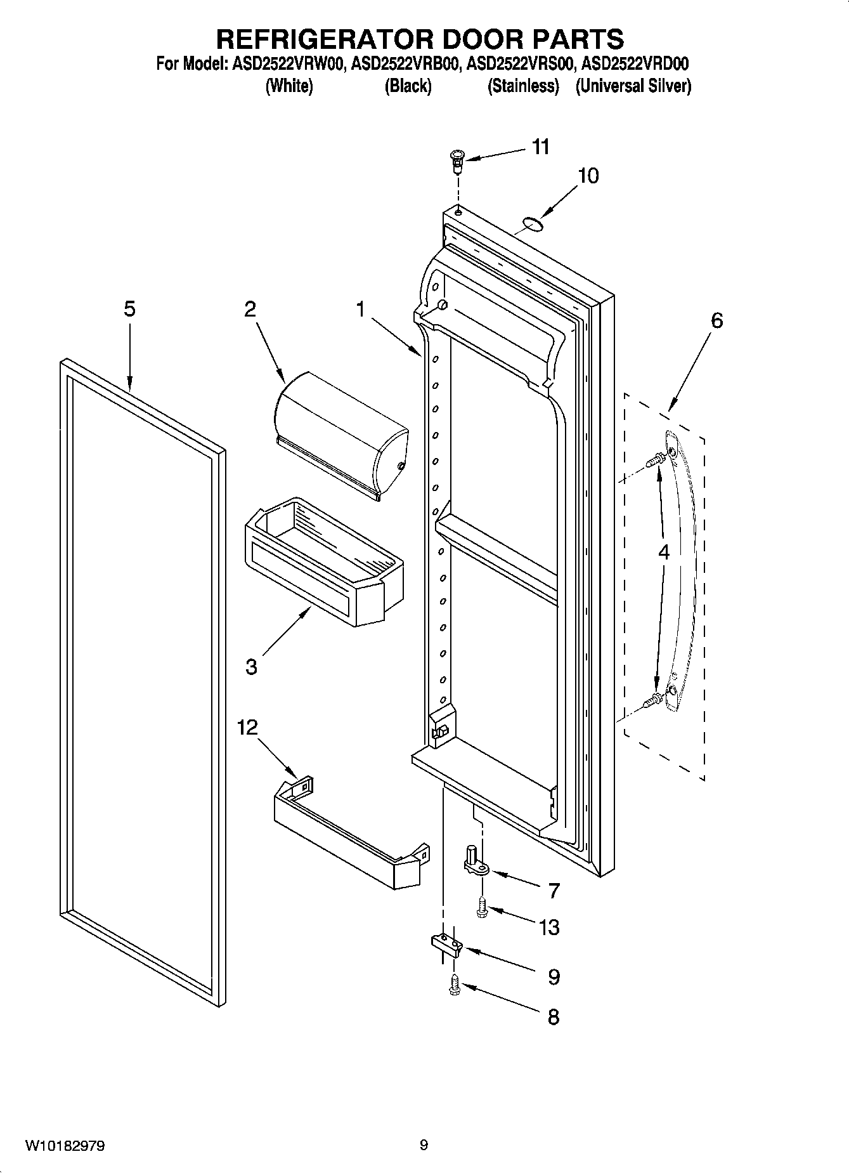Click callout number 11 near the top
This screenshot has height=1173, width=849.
click(x=540, y=147)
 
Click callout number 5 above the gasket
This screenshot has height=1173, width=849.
click(x=129, y=309)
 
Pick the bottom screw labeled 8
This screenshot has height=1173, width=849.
click(x=454, y=985)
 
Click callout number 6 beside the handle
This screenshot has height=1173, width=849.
click(x=716, y=320)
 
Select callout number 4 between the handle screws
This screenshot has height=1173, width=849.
click(x=663, y=552)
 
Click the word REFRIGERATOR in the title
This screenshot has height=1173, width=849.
click(x=325, y=39)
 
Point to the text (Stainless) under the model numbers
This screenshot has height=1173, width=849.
click(x=523, y=86)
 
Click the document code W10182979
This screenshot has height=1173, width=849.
click(x=65, y=1145)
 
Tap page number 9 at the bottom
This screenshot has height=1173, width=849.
click(x=424, y=1145)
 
